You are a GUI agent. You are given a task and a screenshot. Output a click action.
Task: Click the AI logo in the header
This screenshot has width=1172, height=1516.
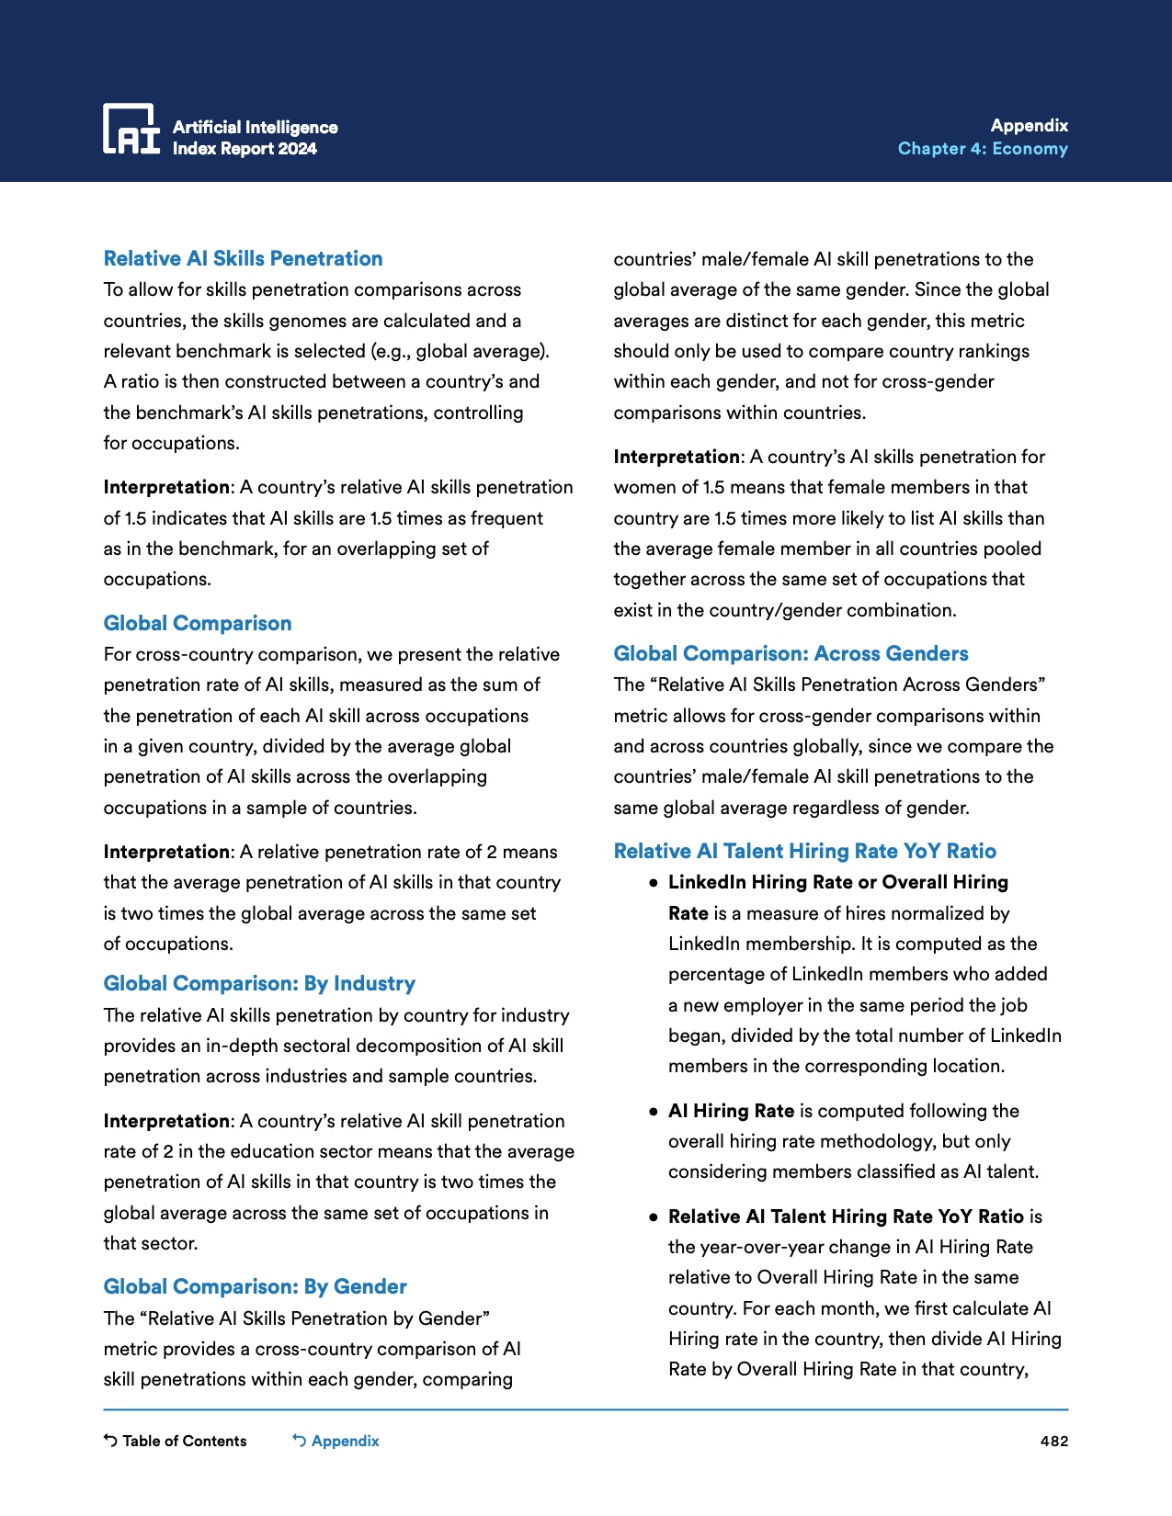[x=131, y=129]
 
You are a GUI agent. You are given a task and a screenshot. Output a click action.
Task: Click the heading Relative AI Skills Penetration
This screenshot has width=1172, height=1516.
[x=243, y=259]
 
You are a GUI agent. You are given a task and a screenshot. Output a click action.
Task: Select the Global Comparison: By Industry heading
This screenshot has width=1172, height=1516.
[x=259, y=984]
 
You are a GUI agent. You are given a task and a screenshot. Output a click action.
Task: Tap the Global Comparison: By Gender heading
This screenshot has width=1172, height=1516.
[x=255, y=1287]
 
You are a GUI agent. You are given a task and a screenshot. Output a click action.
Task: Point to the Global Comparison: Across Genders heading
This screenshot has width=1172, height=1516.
[x=791, y=654]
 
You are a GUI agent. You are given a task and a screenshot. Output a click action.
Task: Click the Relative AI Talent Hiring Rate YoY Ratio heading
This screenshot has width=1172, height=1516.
[x=804, y=852]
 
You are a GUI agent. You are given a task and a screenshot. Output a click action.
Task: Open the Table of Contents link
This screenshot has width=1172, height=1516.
[x=184, y=1441]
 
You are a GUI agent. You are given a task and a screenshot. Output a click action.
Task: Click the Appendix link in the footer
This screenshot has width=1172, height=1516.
[x=345, y=1441]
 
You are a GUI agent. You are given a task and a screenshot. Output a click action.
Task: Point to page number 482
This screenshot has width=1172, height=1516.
[x=1053, y=1441]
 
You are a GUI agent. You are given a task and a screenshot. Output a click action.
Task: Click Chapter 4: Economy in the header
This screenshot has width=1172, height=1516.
[x=983, y=149]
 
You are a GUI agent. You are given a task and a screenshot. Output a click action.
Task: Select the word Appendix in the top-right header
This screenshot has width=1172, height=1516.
[x=1029, y=126]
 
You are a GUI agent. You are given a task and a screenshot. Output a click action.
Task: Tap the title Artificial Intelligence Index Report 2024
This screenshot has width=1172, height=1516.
[x=255, y=138]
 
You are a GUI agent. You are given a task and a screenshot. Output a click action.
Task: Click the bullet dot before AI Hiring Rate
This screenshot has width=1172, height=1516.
[x=653, y=1112]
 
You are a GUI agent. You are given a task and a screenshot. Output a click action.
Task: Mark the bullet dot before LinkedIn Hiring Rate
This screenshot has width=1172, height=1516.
[x=653, y=883]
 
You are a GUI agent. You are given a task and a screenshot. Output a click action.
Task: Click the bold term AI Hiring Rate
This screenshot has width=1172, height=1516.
[x=731, y=1111]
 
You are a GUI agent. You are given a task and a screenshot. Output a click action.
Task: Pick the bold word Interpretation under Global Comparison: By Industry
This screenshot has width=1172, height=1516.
[x=166, y=1121]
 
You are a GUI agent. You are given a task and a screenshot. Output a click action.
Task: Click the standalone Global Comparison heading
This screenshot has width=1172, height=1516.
[x=197, y=624]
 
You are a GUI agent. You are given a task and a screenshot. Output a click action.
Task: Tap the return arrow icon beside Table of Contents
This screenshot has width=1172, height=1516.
[x=110, y=1441]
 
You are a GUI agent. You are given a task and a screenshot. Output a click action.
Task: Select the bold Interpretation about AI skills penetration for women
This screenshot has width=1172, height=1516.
[x=677, y=457]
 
